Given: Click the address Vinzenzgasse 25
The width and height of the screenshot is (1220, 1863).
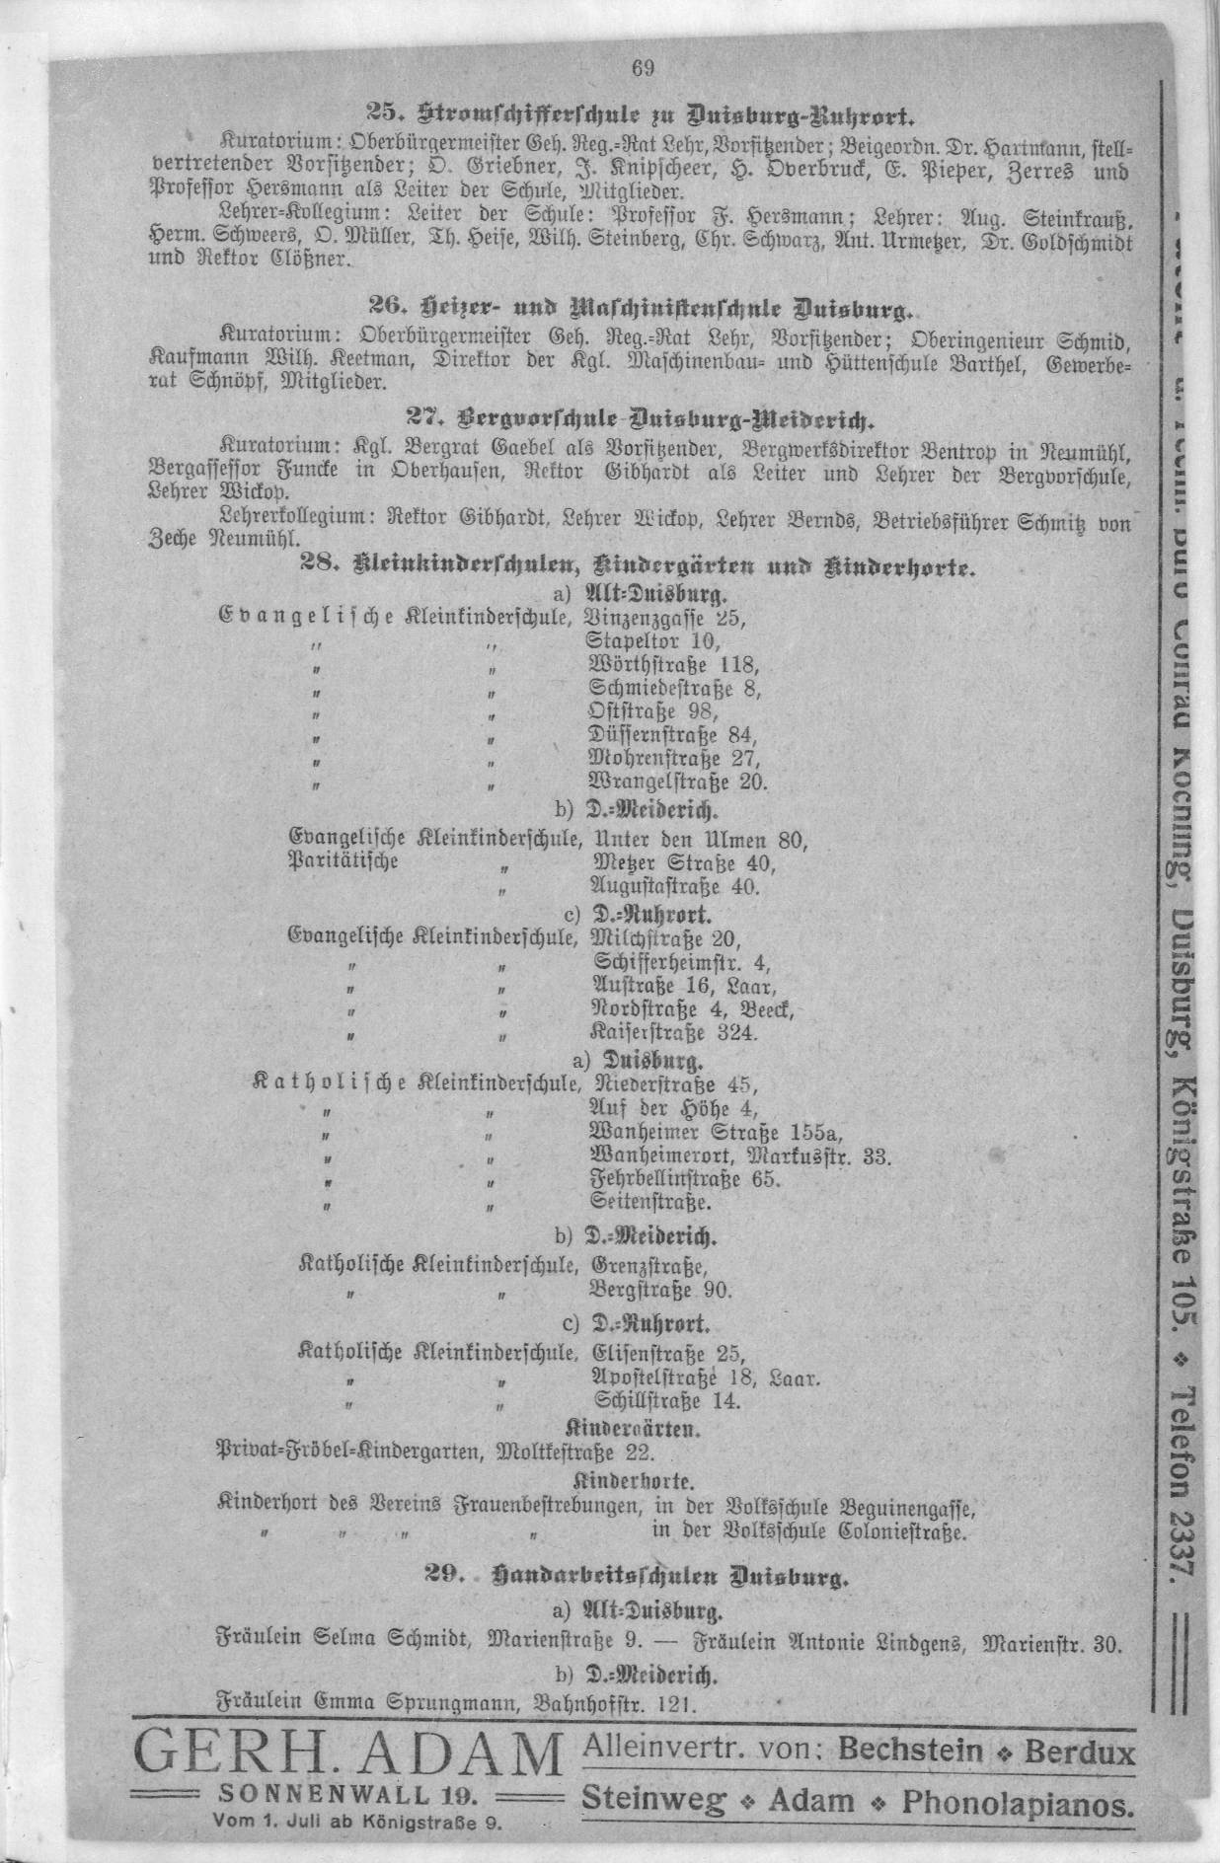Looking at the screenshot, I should (666, 620).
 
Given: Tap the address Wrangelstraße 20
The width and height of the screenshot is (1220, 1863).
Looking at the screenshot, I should (677, 782).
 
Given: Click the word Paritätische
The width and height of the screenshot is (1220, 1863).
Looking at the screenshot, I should (343, 861).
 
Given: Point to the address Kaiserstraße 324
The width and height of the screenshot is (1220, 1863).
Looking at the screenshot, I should (673, 1033).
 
